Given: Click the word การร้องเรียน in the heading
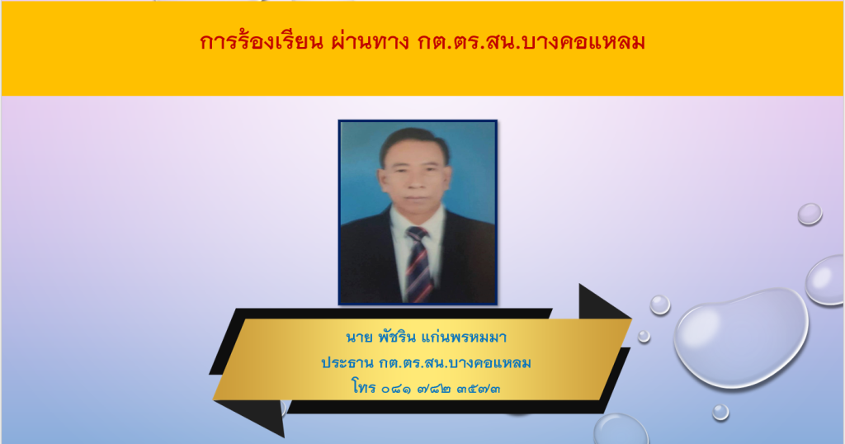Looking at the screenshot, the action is point(261,41).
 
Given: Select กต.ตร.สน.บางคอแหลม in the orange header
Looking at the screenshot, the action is point(531,42).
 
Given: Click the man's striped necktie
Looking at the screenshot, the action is point(418,264).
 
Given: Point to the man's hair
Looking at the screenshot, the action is point(414,141).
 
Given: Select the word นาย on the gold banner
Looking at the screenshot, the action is point(359,338).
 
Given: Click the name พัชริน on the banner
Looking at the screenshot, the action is point(397,338).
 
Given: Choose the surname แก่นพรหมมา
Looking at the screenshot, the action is point(465,338).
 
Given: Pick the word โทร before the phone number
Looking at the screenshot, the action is point(363,386).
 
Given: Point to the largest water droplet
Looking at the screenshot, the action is point(742,338).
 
